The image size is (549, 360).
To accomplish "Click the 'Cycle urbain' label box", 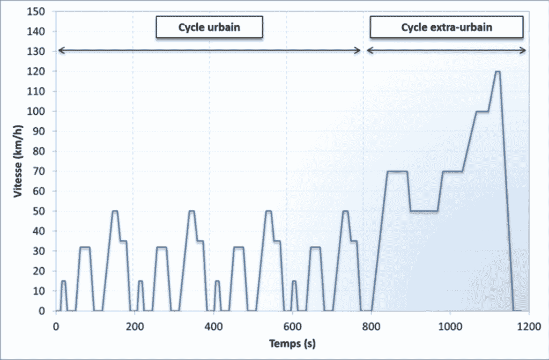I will point(209,27).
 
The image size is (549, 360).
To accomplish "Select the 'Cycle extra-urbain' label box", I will point(446,27).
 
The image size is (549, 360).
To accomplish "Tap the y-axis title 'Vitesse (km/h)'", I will point(18,161).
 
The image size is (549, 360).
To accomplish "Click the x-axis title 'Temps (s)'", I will point(292,342).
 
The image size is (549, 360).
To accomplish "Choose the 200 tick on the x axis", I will point(135,325).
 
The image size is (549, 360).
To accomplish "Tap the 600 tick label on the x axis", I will point(292,325).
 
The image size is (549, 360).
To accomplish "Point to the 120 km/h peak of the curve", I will point(497,72).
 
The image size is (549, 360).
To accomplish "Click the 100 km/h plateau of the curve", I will point(482,112).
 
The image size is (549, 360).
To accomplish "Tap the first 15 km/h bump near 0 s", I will point(63,281).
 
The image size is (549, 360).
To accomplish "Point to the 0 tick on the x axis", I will point(56,325).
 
